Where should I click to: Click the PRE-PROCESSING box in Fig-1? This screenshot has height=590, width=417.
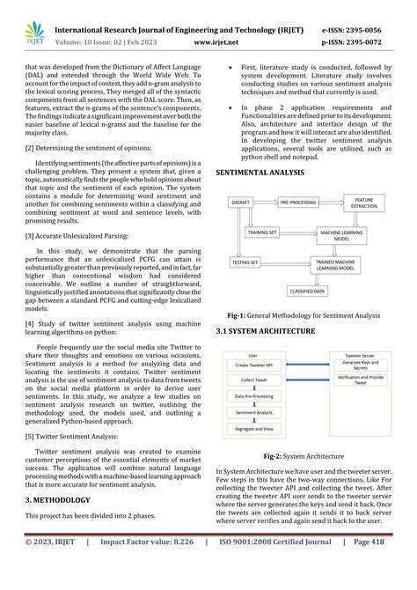(297, 203)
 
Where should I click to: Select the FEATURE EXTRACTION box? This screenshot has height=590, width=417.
(362, 203)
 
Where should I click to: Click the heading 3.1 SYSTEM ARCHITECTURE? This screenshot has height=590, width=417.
(266, 330)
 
